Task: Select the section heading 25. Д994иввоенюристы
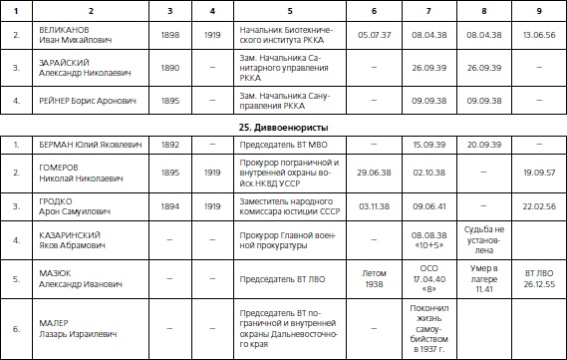pyautogui.click(x=283, y=128)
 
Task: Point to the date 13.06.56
pyautogui.click(x=538, y=33)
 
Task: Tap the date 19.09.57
pyautogui.click(x=538, y=172)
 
